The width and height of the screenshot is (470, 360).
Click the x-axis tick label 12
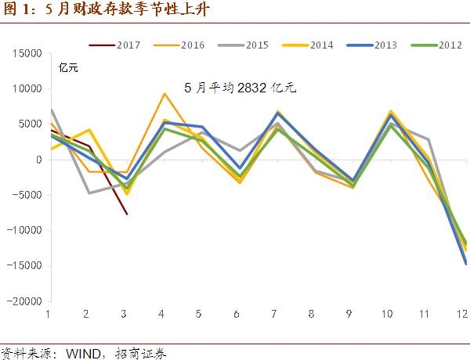pyautogui.click(x=463, y=315)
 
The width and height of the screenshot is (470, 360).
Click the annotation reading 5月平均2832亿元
pyautogui.click(x=240, y=88)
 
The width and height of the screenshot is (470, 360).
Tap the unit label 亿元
pyautogui.click(x=69, y=69)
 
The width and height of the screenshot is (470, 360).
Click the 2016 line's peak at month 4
pyautogui.click(x=164, y=94)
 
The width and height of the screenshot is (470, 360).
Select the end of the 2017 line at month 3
pyautogui.click(x=127, y=214)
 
